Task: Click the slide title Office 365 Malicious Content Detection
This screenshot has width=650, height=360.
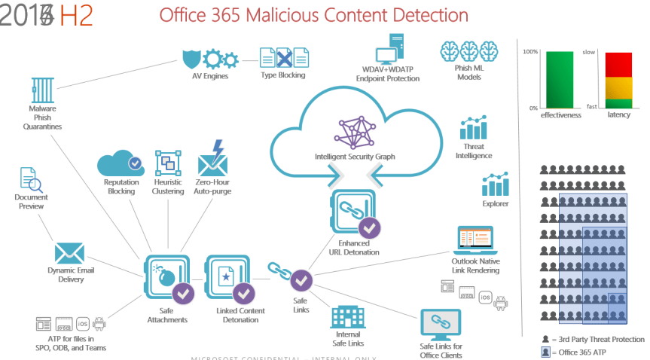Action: click(313, 15)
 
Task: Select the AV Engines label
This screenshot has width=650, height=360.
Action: click(210, 75)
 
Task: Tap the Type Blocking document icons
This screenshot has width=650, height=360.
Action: click(283, 57)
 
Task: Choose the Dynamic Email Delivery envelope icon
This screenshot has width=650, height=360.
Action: click(69, 254)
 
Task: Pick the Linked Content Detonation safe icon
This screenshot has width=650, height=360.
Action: click(227, 278)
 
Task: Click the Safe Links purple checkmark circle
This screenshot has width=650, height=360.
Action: click(302, 279)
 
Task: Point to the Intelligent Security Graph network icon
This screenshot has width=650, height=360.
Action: click(354, 133)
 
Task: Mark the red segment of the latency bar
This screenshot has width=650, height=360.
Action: click(619, 63)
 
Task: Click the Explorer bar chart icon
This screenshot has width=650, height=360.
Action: click(496, 185)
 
